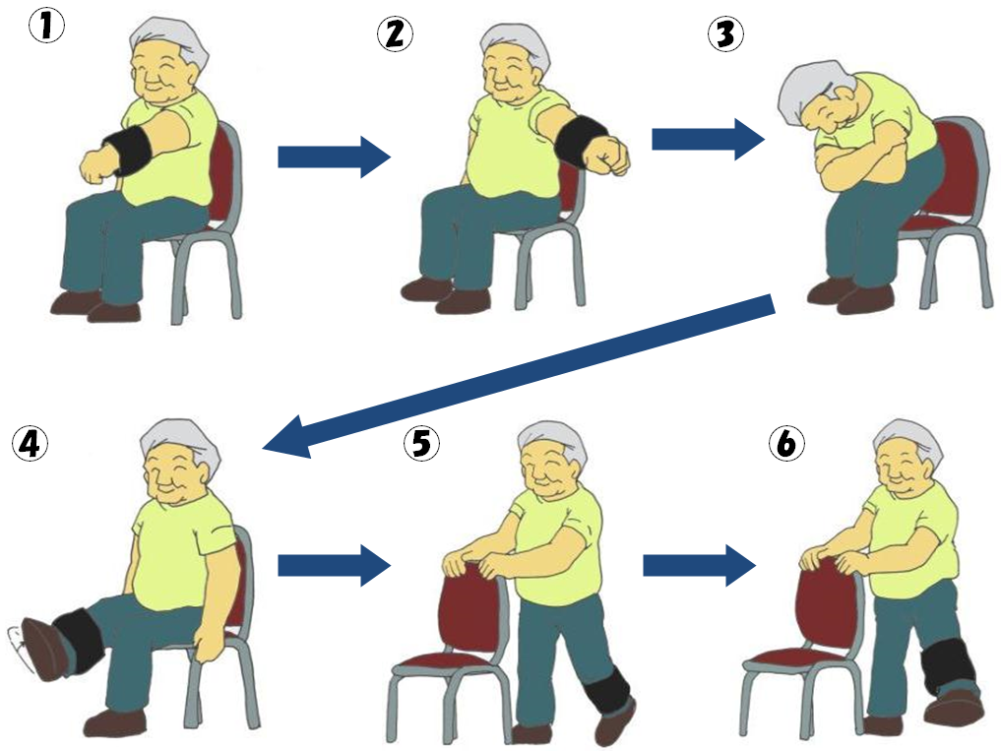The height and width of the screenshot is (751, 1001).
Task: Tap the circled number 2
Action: [395, 33]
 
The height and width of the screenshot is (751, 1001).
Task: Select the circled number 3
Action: [725, 33]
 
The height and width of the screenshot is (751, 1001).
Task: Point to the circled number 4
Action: [30, 443]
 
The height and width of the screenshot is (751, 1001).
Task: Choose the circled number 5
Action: [421, 443]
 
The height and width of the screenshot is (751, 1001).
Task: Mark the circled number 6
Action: [786, 443]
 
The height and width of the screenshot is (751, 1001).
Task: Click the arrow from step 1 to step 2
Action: [334, 156]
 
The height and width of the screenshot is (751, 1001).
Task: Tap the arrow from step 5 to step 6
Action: [700, 565]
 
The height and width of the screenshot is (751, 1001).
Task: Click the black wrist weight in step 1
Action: [128, 151]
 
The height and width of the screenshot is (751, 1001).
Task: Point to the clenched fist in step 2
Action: [611, 155]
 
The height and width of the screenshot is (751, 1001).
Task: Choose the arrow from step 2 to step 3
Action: [708, 139]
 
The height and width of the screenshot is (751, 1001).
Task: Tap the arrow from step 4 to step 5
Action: [334, 565]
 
